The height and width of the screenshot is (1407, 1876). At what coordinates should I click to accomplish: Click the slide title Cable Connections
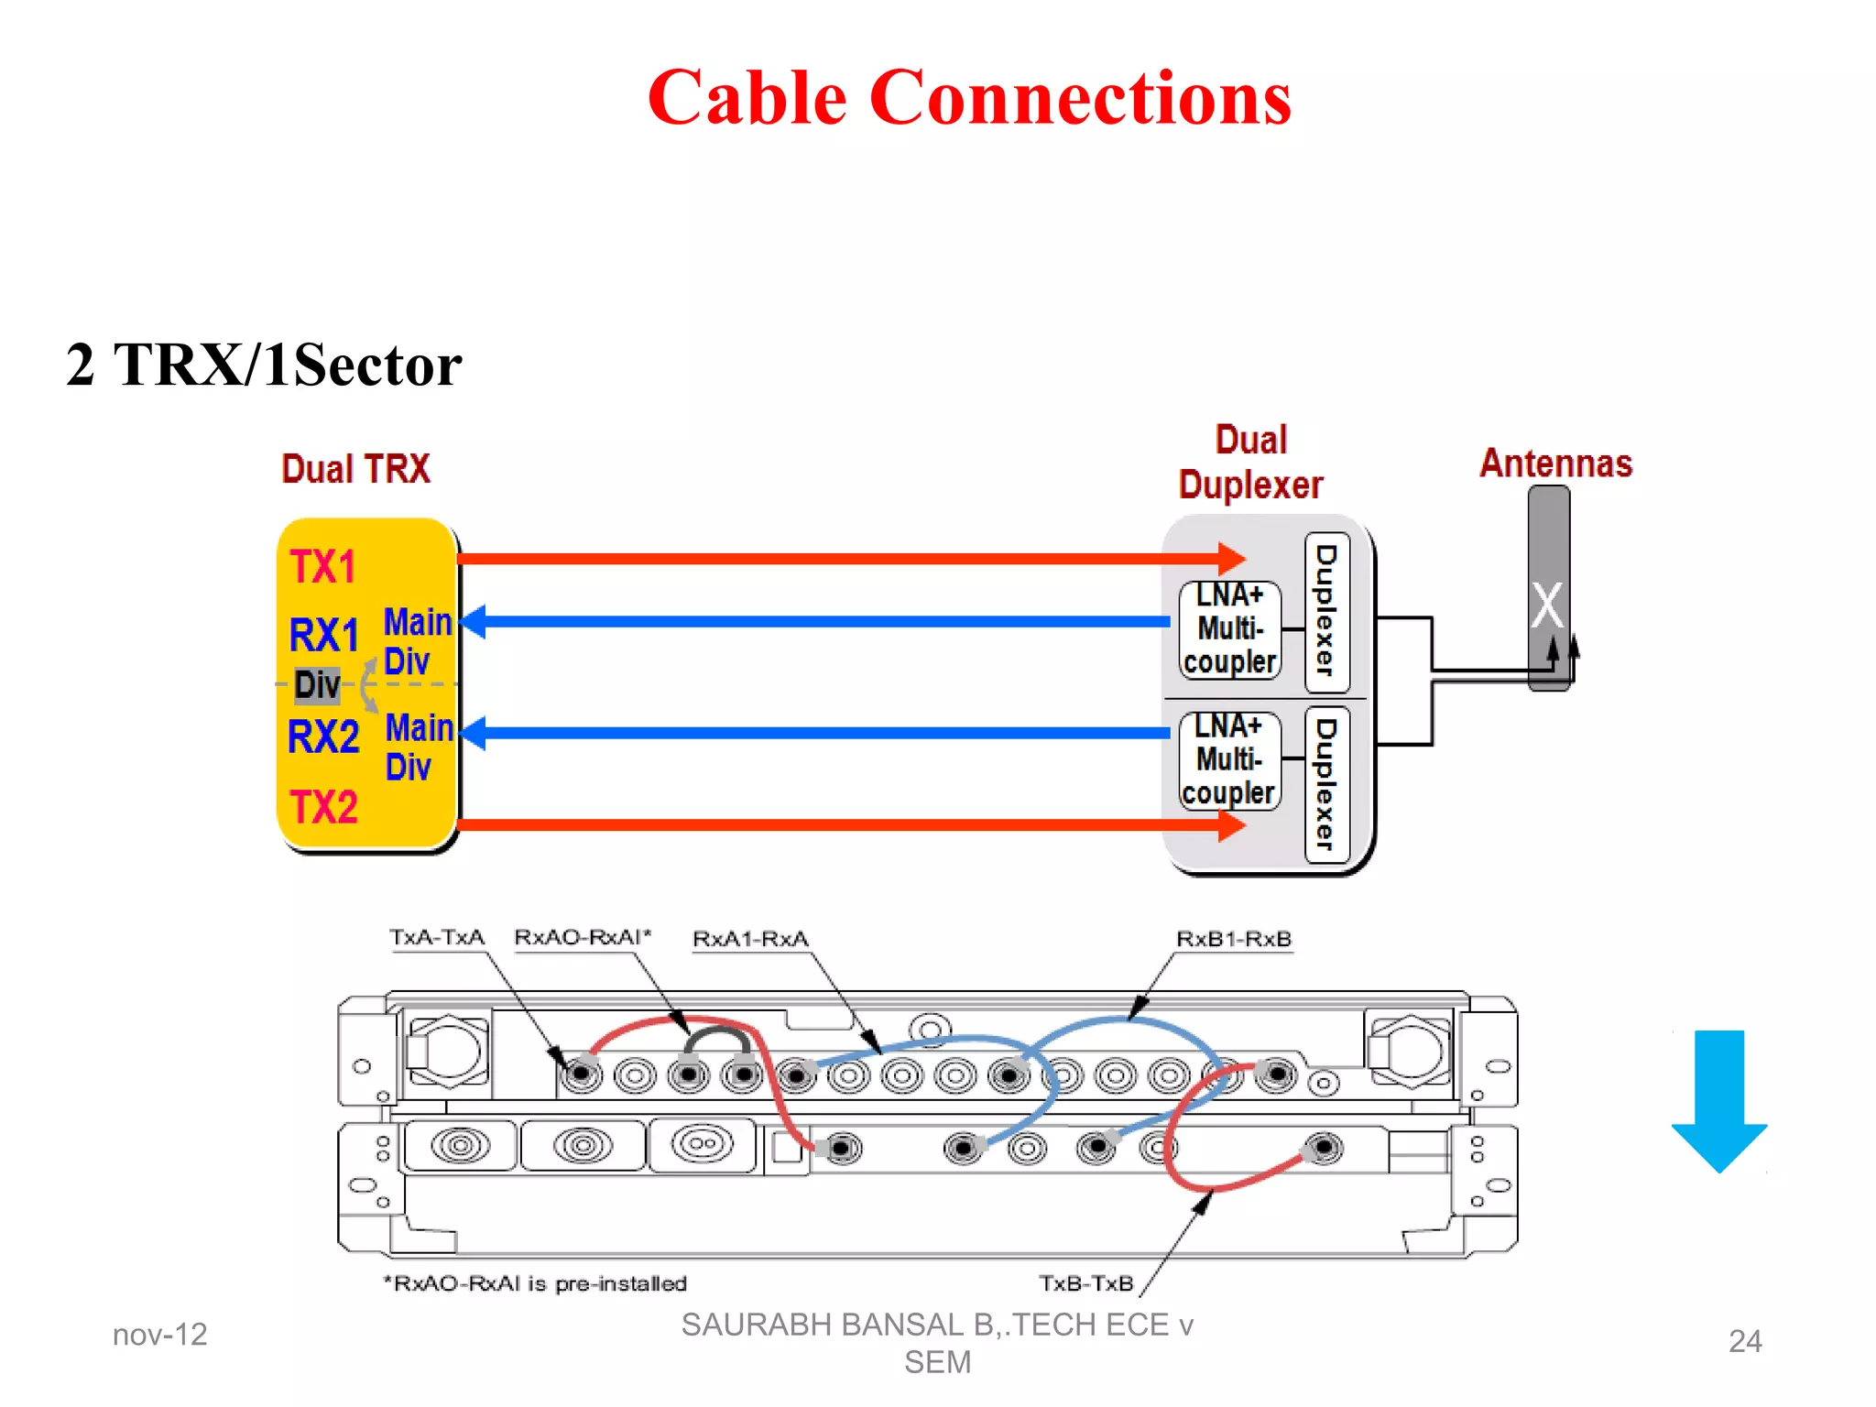[969, 98]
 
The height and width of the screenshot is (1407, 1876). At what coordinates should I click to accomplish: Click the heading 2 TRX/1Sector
[264, 365]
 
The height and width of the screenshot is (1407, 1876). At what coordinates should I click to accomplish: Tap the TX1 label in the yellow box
[322, 567]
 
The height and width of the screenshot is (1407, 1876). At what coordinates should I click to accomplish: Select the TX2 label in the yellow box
[323, 807]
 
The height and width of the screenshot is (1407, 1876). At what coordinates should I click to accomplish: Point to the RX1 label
[323, 635]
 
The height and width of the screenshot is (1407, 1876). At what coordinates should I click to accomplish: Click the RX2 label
[322, 736]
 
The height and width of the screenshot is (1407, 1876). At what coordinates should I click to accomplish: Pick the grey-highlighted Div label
[317, 684]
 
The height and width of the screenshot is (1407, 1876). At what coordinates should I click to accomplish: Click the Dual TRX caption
[355, 469]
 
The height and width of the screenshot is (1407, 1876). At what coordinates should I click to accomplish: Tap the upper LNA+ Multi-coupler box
[1229, 629]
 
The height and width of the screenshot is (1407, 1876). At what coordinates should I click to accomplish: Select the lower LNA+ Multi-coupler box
[1228, 760]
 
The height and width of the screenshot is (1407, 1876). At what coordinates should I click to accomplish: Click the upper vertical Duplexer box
[1326, 611]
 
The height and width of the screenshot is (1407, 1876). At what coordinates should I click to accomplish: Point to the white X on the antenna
[1547, 605]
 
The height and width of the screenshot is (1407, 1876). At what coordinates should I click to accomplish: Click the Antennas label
[1555, 464]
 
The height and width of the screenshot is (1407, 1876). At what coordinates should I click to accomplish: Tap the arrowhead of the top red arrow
[1232, 559]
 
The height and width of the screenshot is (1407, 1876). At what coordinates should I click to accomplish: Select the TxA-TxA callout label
[437, 938]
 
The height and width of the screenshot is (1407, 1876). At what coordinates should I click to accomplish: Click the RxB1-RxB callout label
[1233, 939]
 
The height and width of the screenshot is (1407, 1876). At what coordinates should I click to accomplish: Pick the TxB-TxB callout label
[1085, 1283]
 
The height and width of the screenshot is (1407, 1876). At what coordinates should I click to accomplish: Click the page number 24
[1744, 1341]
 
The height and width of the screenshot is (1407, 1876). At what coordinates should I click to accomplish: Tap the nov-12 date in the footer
[160, 1335]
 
